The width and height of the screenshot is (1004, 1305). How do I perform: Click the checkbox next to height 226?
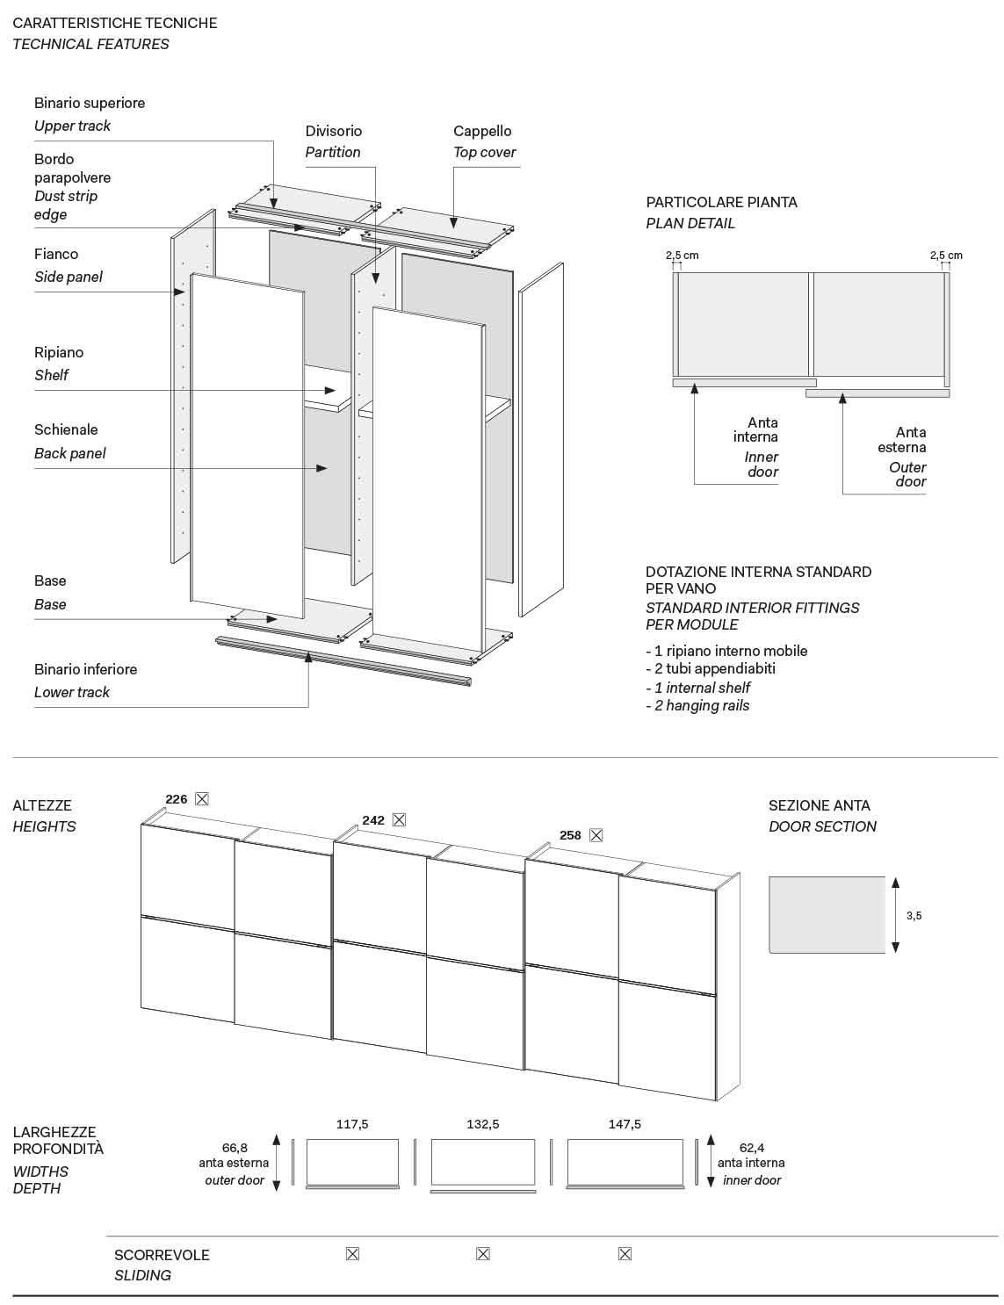[x=202, y=799]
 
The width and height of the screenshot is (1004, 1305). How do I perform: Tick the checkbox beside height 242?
[x=399, y=819]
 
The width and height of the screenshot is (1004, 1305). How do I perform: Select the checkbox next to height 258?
[x=596, y=835]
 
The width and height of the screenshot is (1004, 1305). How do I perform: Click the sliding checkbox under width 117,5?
[x=352, y=1254]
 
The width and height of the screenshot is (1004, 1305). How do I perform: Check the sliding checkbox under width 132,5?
[x=482, y=1254]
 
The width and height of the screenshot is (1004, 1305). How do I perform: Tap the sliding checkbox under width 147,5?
[x=625, y=1254]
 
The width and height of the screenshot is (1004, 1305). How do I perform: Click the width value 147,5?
[x=625, y=1124]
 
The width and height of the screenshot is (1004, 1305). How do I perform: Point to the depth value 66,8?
[x=235, y=1148]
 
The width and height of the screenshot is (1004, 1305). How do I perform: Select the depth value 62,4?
[x=752, y=1148]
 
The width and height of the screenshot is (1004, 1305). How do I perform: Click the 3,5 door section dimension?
[x=914, y=915]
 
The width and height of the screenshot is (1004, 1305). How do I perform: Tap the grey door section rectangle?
[x=827, y=914]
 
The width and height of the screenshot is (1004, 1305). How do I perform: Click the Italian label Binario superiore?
[x=90, y=103]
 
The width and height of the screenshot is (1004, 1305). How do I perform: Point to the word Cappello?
[x=482, y=131]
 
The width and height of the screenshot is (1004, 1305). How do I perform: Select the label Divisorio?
[x=334, y=131]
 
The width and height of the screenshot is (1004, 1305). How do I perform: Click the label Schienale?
[x=66, y=429]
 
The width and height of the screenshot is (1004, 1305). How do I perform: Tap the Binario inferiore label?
[x=86, y=669]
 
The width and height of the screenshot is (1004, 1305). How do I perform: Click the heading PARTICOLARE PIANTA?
[x=722, y=202]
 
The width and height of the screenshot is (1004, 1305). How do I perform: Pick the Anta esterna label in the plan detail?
[x=903, y=440]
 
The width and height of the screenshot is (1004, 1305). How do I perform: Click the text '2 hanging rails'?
[x=702, y=705]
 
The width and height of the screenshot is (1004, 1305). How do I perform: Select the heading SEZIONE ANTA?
[x=820, y=805]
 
